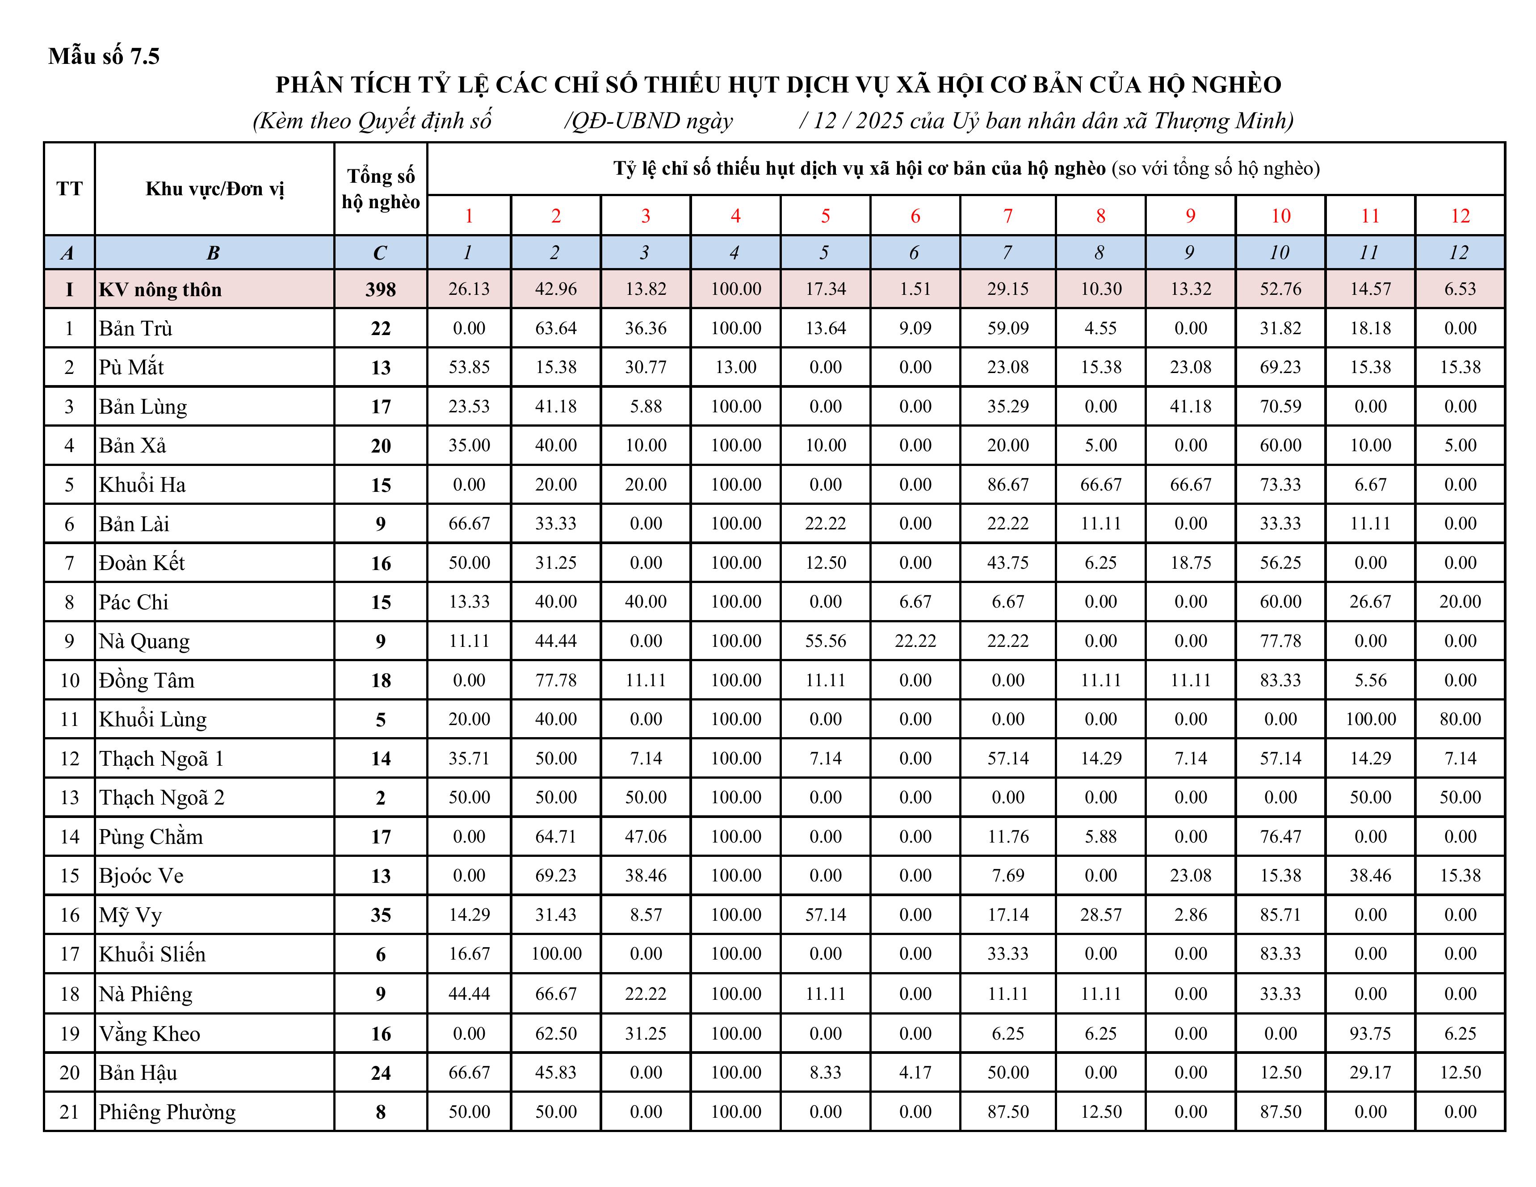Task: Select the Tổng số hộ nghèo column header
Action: [x=381, y=189]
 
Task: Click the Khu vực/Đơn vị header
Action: [x=214, y=189]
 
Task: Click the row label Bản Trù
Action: [x=136, y=328]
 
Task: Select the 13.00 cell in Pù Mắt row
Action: [x=736, y=367]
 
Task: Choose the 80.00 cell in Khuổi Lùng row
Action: [x=1460, y=719]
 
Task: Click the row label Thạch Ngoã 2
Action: [x=162, y=797]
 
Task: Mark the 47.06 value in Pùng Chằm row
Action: [x=646, y=837]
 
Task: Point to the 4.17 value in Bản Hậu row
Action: [x=915, y=1072]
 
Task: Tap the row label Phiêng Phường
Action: [x=168, y=1112]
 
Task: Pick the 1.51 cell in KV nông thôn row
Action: [x=915, y=289]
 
